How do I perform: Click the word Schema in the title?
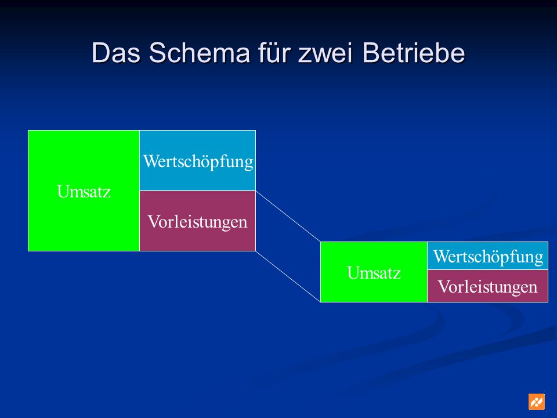tap(199, 53)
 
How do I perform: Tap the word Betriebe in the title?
tap(414, 53)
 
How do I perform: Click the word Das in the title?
tap(116, 53)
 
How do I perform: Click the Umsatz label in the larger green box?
tap(84, 192)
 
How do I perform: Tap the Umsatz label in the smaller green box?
tap(374, 273)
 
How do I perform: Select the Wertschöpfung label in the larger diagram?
tap(198, 162)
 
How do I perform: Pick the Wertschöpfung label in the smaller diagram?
tap(488, 257)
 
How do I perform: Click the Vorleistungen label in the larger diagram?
tap(197, 222)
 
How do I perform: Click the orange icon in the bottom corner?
tap(536, 402)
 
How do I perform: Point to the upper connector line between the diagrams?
tap(288, 217)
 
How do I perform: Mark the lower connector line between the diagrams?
tap(288, 276)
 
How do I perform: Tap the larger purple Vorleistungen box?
tap(197, 221)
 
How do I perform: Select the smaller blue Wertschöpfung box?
tap(487, 256)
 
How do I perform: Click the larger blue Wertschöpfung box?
tap(197, 161)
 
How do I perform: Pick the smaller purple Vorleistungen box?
tap(487, 286)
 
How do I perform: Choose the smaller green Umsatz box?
tap(374, 272)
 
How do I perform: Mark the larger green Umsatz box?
tap(84, 190)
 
